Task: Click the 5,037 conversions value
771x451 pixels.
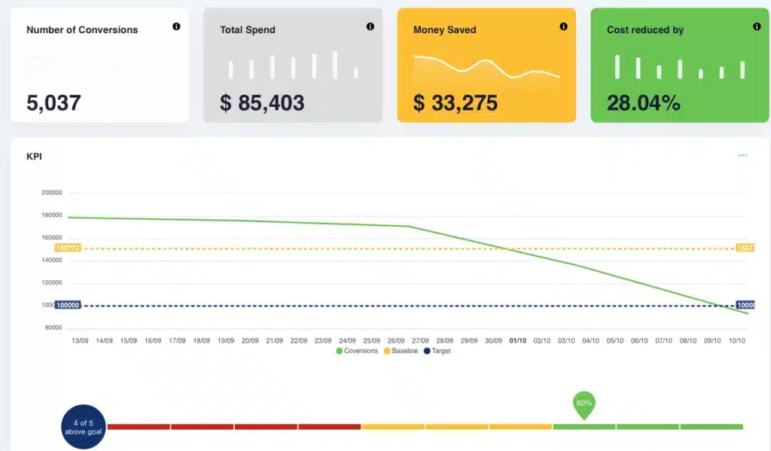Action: pyautogui.click(x=53, y=103)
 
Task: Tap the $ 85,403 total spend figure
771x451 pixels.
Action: pyautogui.click(x=262, y=103)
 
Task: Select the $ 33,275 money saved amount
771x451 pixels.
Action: pyautogui.click(x=455, y=103)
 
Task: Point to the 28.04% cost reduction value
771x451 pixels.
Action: pyautogui.click(x=643, y=103)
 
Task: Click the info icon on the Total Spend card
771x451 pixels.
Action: pyautogui.click(x=370, y=26)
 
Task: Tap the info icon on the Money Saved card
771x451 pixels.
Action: pyautogui.click(x=564, y=26)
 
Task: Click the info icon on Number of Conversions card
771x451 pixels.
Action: pyautogui.click(x=177, y=26)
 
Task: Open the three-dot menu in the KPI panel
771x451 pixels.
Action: pyautogui.click(x=743, y=156)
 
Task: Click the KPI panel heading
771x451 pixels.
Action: pyautogui.click(x=34, y=157)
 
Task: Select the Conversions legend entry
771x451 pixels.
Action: pyautogui.click(x=358, y=351)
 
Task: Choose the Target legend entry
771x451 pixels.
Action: pyautogui.click(x=437, y=351)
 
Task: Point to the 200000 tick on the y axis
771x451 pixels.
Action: pyautogui.click(x=51, y=193)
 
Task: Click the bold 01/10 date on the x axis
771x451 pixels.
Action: pyautogui.click(x=518, y=340)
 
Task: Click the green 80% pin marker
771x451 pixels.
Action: pyautogui.click(x=584, y=404)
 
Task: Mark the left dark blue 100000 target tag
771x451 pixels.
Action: pyautogui.click(x=68, y=305)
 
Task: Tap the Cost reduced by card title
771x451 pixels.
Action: pyautogui.click(x=645, y=30)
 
